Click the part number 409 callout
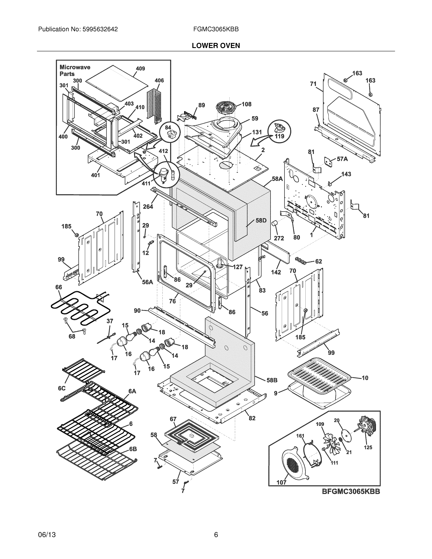pos(140,69)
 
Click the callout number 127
pos(238,267)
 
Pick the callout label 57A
pos(342,159)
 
